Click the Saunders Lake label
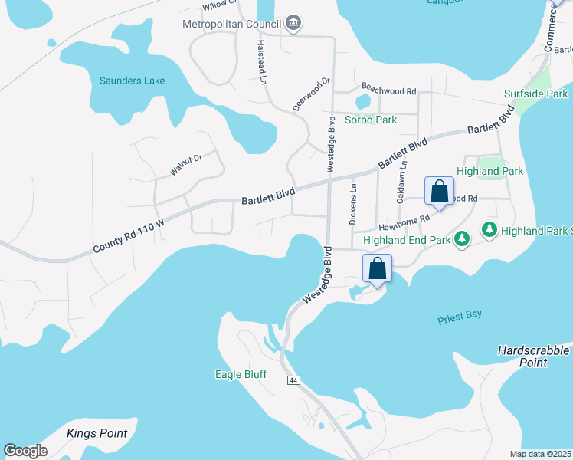132,80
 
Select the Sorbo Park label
371,120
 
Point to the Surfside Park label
535,94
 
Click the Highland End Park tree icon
461,239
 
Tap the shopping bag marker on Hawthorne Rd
439,192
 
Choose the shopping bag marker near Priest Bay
377,269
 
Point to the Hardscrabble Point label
533,356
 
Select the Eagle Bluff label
239,375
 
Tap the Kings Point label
97,433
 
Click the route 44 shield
293,380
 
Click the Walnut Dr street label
185,164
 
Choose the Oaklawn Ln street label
401,184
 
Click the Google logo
26,451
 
